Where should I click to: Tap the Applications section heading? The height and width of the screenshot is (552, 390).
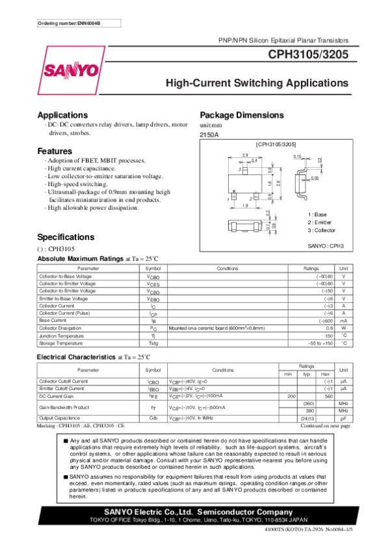tap(62, 115)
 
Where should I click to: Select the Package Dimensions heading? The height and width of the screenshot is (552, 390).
tap(242, 115)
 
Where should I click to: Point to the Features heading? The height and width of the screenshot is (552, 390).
tap(55, 151)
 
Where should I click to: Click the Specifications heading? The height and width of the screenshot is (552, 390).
tap(66, 237)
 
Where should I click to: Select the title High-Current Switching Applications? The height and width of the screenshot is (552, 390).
tap(257, 83)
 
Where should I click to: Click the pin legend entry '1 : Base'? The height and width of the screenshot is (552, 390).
tap(317, 215)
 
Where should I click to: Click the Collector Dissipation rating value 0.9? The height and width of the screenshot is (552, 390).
tap(329, 328)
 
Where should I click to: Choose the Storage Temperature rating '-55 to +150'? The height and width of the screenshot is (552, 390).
tap(318, 343)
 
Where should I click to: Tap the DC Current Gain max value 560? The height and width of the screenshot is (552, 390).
tap(328, 395)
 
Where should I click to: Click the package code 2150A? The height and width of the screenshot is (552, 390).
tap(209, 135)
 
